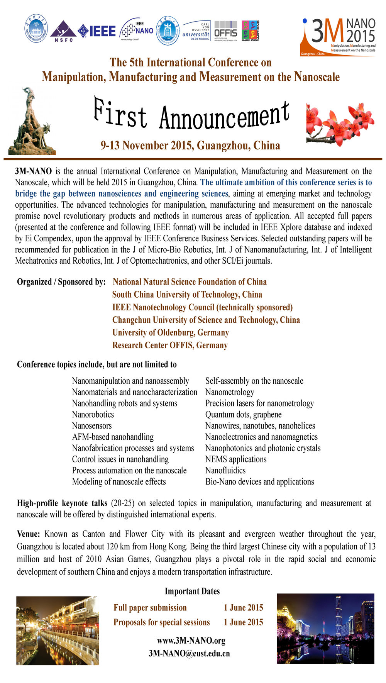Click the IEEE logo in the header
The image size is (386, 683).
coord(97,31)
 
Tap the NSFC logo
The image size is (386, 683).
coord(63,31)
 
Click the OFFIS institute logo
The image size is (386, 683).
coord(226,31)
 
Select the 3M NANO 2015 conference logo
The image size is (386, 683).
coord(339,37)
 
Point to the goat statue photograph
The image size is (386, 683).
coord(32,122)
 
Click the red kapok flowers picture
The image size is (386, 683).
coord(340,124)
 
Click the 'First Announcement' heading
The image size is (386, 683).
coord(191,115)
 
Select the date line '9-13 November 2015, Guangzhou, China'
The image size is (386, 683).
coord(190,146)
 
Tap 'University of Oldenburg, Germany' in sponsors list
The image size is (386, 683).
coord(171,332)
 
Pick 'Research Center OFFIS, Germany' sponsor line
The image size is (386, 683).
coord(170,345)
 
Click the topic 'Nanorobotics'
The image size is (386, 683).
coord(93,415)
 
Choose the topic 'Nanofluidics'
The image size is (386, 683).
coord(225,471)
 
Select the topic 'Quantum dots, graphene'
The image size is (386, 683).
coord(243,415)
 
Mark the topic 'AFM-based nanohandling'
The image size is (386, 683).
coord(113,437)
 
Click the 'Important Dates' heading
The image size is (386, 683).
coord(192,591)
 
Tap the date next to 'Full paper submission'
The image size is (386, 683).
coord(243,608)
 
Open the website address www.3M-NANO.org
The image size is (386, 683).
coord(191,641)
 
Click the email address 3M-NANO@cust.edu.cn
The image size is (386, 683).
coord(189,653)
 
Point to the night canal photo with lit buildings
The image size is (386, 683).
coord(58,630)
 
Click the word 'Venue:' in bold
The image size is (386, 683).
coord(29,534)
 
